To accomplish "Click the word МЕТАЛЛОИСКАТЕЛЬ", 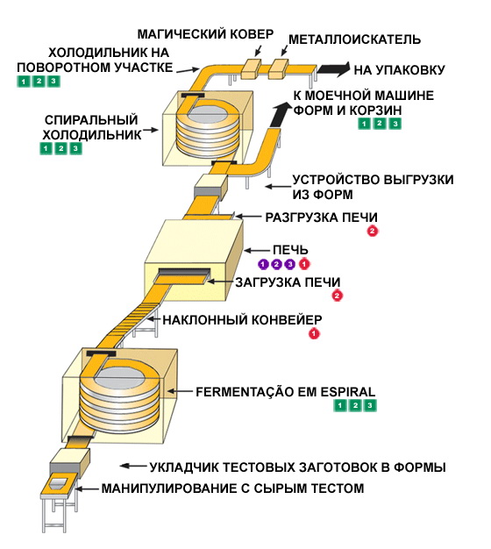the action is point(354,39).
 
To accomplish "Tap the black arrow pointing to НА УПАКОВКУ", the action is point(333,69).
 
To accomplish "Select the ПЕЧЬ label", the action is point(290,250).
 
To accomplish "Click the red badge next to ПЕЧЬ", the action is point(304,264).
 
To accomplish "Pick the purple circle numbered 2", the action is point(276,264).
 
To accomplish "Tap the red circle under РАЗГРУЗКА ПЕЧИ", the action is point(373,231).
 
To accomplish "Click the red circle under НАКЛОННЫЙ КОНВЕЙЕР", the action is point(314,333).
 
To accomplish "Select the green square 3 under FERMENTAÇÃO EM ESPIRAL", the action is point(370,405).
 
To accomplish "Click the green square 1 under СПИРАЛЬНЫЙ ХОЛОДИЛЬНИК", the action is point(46,148).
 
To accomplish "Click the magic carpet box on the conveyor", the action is point(251,68).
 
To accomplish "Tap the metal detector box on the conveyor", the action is point(278,68).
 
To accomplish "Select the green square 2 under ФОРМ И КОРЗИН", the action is point(380,124).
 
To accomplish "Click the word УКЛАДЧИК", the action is point(183,467).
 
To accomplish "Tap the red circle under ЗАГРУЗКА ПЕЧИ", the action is point(337,296).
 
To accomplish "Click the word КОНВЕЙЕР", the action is point(287,320).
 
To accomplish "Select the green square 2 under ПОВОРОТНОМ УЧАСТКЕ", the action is point(39,82).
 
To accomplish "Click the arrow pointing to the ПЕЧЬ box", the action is point(257,251).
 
